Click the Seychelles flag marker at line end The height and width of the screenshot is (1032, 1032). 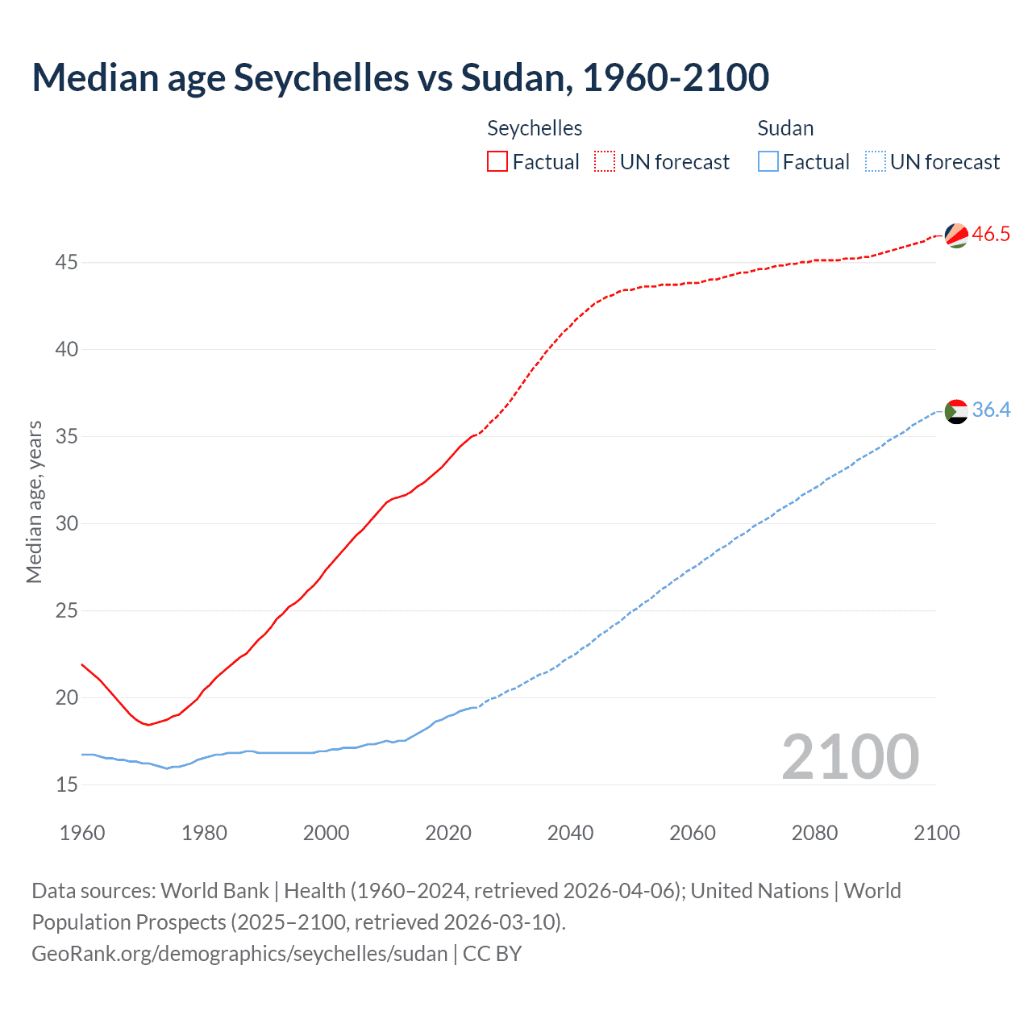tap(956, 235)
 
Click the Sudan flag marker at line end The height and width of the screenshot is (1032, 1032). tap(956, 411)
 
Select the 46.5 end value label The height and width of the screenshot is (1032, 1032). tap(991, 235)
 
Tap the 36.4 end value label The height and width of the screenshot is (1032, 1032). tap(991, 410)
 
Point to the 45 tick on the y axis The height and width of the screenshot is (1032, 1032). tap(67, 263)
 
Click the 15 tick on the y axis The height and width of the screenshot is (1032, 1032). tap(67, 784)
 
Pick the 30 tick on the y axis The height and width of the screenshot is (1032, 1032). tap(67, 524)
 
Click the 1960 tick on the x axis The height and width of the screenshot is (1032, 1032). tap(82, 833)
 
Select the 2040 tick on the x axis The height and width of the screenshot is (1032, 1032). tap(570, 833)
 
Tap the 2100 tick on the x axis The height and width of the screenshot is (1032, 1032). tap(936, 833)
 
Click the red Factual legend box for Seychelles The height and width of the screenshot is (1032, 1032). tap(497, 162)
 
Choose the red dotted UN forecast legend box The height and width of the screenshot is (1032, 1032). tap(605, 162)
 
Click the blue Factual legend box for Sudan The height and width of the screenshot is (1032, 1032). tap(768, 162)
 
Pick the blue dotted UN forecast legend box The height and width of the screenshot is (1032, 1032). tap(875, 162)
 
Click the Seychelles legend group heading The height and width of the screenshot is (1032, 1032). tap(535, 128)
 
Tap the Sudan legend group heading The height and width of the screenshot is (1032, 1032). tap(785, 128)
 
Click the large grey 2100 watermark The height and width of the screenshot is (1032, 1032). tap(850, 757)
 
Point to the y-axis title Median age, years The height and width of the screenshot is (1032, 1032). tap(34, 501)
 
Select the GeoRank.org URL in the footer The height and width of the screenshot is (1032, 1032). tap(239, 954)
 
